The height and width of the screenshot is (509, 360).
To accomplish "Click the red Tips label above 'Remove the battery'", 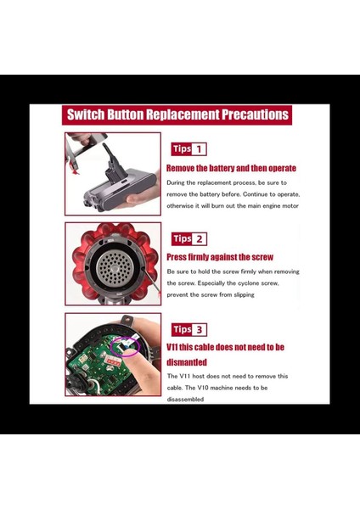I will (182, 149).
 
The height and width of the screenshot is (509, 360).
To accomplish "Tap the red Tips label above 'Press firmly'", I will (182, 239).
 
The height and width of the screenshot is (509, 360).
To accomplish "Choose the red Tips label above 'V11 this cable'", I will (182, 329).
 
